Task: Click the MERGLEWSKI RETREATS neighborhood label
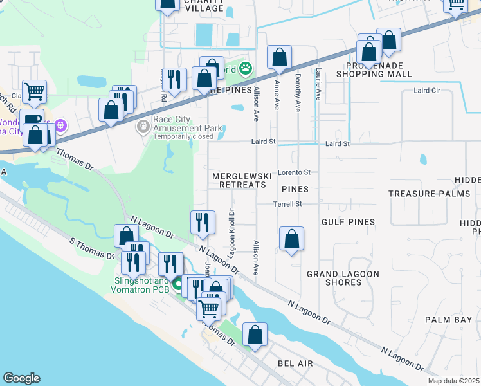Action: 238,180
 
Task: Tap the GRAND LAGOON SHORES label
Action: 343,278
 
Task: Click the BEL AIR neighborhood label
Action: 295,363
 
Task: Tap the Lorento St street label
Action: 294,172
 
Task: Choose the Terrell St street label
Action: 290,204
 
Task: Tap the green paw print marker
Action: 245,68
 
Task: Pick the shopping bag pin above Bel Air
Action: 255,335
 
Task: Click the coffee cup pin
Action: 31,120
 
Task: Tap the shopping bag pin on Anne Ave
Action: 280,58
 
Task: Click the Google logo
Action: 21,378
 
